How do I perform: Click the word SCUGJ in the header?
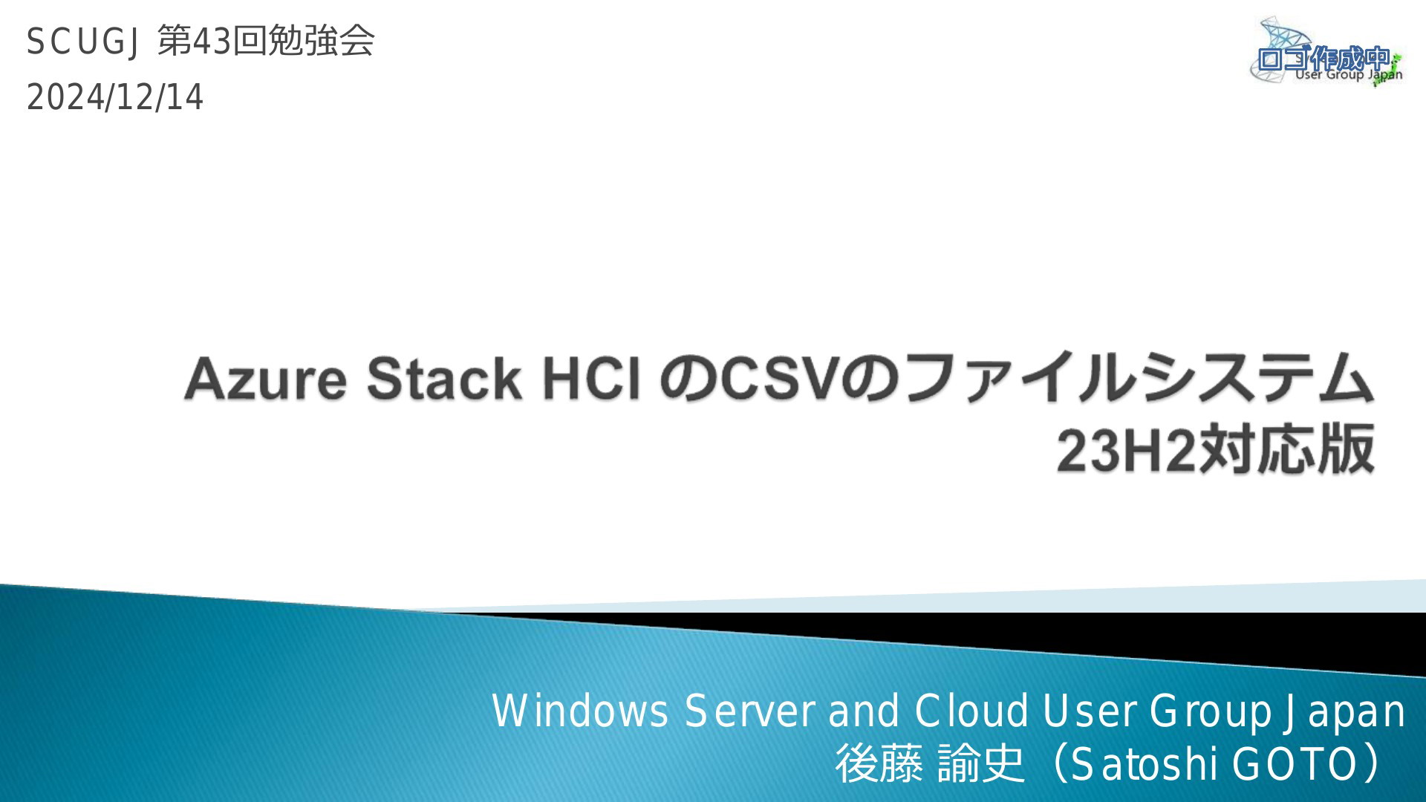point(82,41)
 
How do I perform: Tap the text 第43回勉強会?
point(267,40)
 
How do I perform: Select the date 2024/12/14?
point(115,97)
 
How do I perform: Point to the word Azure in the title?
point(265,378)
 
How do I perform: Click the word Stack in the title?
point(444,378)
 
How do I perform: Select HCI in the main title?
point(591,378)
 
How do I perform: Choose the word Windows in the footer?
point(580,711)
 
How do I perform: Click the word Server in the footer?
point(749,711)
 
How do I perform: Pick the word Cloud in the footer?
point(971,711)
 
